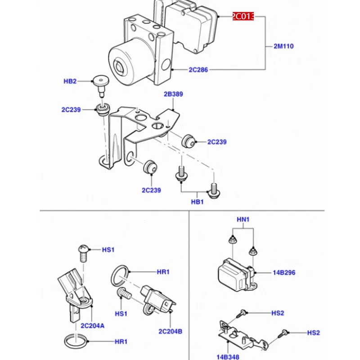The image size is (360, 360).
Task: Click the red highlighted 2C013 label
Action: [x=243, y=16]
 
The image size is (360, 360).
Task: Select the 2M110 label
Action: [x=283, y=46]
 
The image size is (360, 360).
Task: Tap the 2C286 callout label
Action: [x=198, y=70]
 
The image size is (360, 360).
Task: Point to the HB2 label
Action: [x=70, y=81]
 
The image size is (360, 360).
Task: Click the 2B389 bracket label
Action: [x=173, y=94]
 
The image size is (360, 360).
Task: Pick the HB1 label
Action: [x=198, y=202]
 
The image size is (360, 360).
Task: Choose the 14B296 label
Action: [x=284, y=273]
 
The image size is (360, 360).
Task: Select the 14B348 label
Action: [x=228, y=357]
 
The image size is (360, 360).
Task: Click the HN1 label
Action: [x=243, y=220]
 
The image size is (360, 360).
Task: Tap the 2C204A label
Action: [x=93, y=325]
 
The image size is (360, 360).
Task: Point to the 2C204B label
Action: [x=171, y=331]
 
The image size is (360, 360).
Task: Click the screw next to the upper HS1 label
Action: [x=83, y=253]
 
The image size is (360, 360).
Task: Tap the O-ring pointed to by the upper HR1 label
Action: [x=120, y=276]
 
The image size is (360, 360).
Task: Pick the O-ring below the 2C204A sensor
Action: [x=76, y=341]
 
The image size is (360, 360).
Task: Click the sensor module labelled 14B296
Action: [x=237, y=275]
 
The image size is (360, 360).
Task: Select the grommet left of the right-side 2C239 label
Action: [x=189, y=141]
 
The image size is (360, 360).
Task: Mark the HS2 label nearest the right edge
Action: [x=313, y=333]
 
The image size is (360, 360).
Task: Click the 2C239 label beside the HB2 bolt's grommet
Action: [x=71, y=109]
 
